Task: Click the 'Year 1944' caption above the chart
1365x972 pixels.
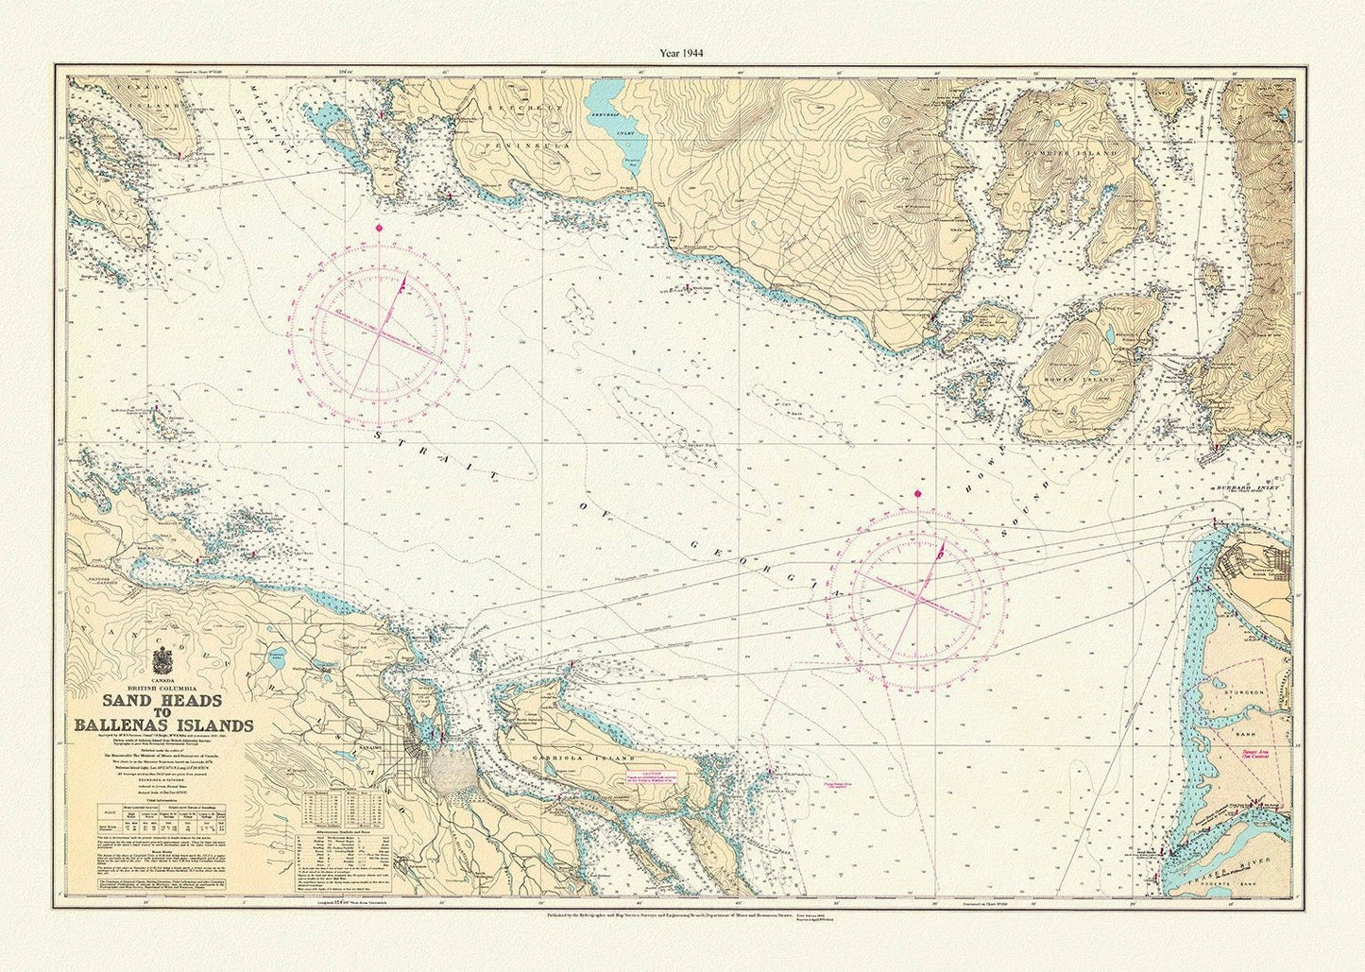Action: coord(681,54)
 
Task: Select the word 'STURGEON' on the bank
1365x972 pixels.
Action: coord(1243,694)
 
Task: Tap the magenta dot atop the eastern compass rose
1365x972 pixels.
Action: coord(918,493)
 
